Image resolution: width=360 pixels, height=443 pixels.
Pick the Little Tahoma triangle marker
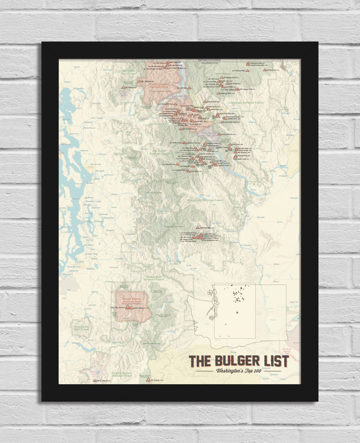[131, 307]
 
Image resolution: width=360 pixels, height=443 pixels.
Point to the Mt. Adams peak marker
[148, 380]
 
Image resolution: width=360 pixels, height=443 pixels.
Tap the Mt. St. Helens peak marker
[94, 380]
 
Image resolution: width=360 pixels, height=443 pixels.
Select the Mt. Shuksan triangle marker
[140, 81]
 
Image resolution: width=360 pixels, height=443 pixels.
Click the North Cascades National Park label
[162, 85]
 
